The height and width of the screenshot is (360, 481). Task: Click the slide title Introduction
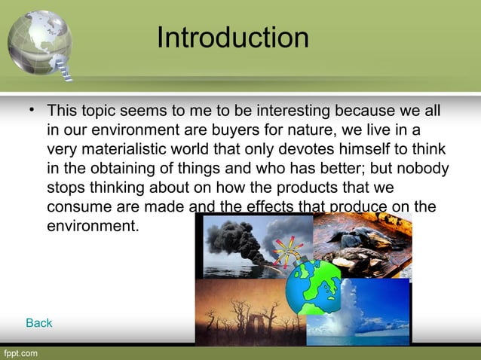click(x=232, y=38)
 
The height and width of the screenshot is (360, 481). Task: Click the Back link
click(x=39, y=323)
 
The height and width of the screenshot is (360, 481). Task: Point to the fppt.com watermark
click(x=20, y=352)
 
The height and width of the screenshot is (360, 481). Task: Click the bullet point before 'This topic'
click(x=32, y=111)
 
